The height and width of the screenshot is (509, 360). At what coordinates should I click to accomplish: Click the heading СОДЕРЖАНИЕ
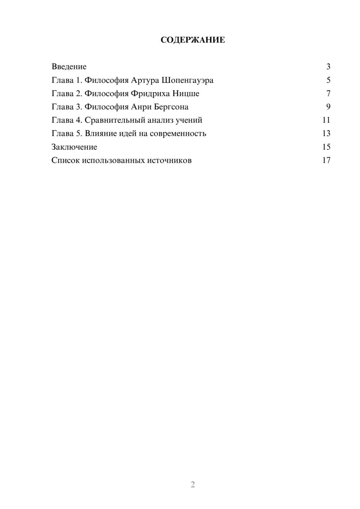pyautogui.click(x=193, y=40)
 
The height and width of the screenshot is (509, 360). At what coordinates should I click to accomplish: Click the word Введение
pyautogui.click(x=69, y=67)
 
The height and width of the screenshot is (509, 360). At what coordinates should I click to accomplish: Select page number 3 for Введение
pyautogui.click(x=328, y=67)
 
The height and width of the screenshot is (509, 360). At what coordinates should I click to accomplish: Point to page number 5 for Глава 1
pyautogui.click(x=328, y=80)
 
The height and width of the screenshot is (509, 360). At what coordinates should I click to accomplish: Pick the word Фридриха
pyautogui.click(x=150, y=94)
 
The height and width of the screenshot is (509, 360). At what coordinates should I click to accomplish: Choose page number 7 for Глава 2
pyautogui.click(x=328, y=94)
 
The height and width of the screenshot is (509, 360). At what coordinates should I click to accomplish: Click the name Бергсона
pyautogui.click(x=171, y=107)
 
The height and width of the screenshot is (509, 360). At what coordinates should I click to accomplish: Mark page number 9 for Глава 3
pyautogui.click(x=328, y=107)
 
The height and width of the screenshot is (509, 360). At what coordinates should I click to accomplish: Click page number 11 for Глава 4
pyautogui.click(x=326, y=120)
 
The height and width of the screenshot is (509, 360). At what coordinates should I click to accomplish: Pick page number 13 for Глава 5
pyautogui.click(x=326, y=134)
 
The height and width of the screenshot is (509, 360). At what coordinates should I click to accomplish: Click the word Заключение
pyautogui.click(x=74, y=147)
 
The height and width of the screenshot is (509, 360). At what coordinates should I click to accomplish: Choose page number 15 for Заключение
pyautogui.click(x=326, y=147)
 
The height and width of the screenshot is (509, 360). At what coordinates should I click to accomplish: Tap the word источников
pyautogui.click(x=169, y=160)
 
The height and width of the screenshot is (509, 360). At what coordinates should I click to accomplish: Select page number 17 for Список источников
pyautogui.click(x=326, y=160)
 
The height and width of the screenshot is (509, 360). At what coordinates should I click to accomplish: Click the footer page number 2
pyautogui.click(x=193, y=485)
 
